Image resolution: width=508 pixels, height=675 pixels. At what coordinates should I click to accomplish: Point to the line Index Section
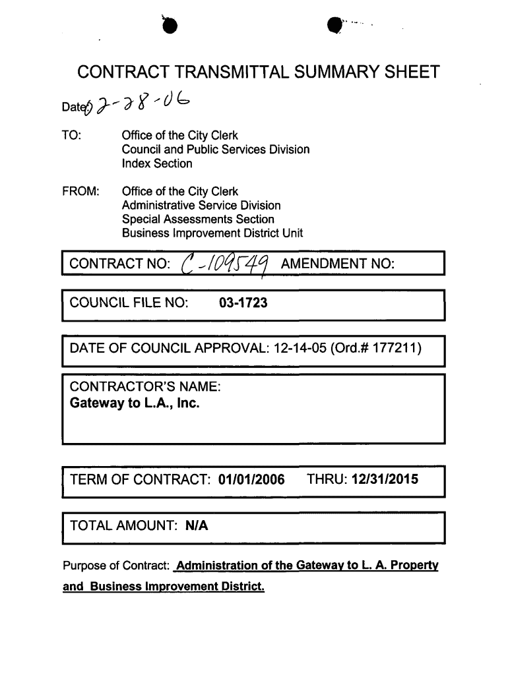pos(157,163)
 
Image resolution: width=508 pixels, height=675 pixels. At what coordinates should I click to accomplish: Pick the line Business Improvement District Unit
pos(212,233)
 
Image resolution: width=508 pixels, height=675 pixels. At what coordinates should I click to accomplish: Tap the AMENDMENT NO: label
pos(338,265)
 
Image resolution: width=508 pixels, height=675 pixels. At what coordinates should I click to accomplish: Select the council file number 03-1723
pos(243,304)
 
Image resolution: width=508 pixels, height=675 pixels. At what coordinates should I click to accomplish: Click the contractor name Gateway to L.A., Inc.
pos(135,402)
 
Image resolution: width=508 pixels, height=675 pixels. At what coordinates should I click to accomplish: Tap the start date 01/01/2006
pos(251,479)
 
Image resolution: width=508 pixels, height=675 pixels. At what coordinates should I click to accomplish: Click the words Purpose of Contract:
pos(116,567)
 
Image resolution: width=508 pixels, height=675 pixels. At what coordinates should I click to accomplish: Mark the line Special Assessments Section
pos(198,219)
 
